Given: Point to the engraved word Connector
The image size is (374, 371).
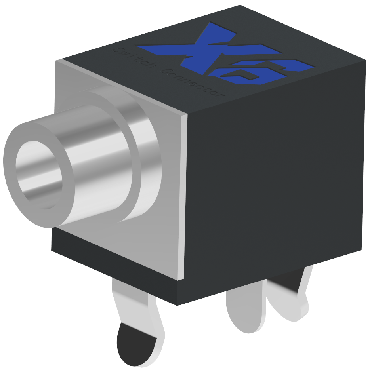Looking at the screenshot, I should click(x=194, y=83).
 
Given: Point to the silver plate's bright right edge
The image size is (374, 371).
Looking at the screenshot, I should click(x=183, y=198).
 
